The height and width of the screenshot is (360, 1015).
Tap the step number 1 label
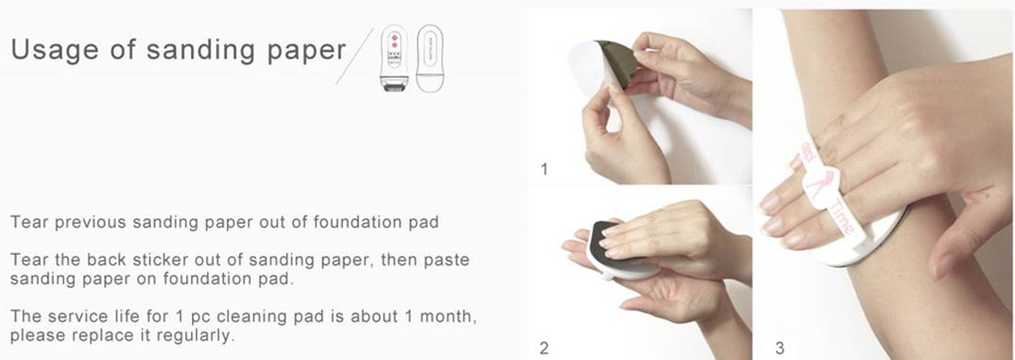click(543, 169)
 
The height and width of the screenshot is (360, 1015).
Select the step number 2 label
click(543, 349)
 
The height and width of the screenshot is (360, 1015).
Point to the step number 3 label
click(780, 349)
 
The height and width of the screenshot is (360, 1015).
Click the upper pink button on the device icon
click(393, 38)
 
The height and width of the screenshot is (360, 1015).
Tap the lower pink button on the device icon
click(393, 46)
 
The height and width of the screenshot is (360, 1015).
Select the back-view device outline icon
click(430, 59)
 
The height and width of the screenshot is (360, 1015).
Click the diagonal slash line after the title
click(354, 56)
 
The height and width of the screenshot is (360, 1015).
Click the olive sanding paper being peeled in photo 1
click(617, 61)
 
